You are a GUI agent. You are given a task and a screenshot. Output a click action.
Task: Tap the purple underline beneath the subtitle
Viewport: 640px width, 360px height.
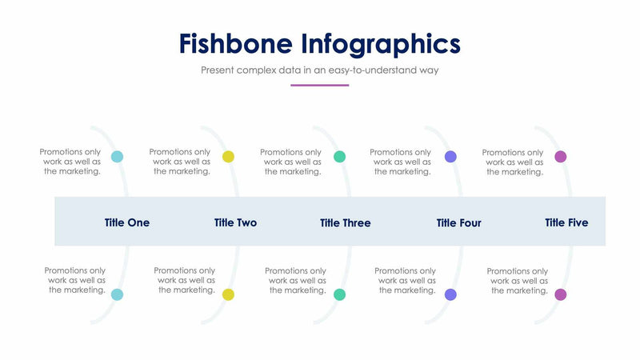319,85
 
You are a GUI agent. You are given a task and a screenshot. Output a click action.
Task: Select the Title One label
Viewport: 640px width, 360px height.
126,222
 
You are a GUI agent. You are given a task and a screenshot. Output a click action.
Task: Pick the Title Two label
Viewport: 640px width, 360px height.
235,222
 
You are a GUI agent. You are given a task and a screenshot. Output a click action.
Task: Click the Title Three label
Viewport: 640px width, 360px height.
345,223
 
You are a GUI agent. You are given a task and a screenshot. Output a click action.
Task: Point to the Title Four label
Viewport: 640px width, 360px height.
458,223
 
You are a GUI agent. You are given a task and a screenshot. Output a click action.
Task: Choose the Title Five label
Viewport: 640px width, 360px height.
566,222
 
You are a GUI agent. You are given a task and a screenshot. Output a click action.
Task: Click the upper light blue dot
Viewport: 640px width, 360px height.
118,157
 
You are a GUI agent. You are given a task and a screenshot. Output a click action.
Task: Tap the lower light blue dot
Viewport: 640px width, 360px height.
118,294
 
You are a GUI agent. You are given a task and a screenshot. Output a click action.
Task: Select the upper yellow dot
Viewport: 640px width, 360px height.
228,157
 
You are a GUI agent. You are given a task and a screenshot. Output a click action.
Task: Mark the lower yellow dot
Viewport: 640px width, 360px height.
228,294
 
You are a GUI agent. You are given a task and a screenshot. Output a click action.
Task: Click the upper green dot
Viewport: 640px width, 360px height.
339,157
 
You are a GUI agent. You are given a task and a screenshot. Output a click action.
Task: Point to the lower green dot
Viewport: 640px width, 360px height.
339,294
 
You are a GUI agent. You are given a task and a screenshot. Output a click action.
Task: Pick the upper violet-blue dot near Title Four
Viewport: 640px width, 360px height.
450,157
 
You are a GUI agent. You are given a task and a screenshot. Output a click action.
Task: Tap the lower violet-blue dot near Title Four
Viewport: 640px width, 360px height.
450,294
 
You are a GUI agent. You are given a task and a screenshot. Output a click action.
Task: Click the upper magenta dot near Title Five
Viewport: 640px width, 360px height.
561,157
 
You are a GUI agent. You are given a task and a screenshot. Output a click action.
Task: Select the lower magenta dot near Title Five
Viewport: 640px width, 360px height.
561,294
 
